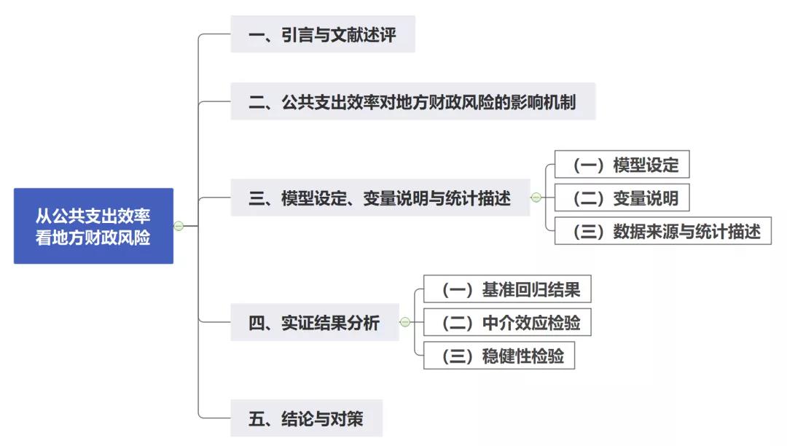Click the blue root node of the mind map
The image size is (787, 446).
tap(93, 226)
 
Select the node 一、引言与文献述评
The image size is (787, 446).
tap(323, 34)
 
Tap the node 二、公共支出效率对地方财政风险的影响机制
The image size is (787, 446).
tap(412, 101)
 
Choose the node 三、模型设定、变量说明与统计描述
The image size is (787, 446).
tap(380, 197)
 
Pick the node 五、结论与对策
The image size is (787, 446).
tap(306, 418)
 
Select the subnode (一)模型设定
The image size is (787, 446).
tap(622, 165)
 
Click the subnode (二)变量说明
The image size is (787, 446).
tap(622, 198)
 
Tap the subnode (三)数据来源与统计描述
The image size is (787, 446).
tap(662, 231)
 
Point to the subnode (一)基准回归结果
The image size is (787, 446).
tap(507, 289)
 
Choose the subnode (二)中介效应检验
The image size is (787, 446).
tap(507, 322)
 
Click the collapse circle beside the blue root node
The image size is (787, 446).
tap(179, 226)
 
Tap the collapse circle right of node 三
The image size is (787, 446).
tap(536, 197)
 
